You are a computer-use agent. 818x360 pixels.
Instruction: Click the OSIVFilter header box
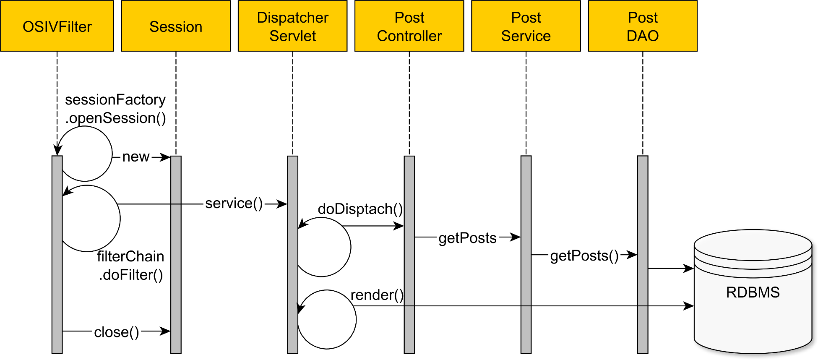(x=57, y=26)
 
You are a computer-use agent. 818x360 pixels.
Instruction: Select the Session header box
(x=176, y=26)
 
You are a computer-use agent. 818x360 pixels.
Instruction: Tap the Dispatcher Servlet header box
(x=292, y=26)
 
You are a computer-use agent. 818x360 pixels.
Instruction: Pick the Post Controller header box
(x=409, y=26)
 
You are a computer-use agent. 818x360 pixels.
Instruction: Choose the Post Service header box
(x=526, y=26)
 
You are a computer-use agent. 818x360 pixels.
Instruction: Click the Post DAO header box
(x=642, y=26)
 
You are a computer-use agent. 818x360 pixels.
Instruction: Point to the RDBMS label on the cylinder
(x=753, y=292)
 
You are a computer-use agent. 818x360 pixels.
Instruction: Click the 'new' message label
(x=135, y=157)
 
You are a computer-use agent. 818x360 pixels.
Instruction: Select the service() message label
(x=234, y=203)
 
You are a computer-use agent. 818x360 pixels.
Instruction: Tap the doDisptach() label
(x=360, y=209)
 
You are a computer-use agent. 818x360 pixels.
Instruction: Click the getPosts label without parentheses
(x=467, y=238)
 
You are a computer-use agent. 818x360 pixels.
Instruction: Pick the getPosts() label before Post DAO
(x=584, y=256)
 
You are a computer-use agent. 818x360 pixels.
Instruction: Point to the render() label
(x=377, y=295)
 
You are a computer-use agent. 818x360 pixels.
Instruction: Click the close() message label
(x=116, y=332)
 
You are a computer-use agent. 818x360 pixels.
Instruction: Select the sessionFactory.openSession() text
(x=115, y=109)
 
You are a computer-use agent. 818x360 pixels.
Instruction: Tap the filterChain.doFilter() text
(x=130, y=266)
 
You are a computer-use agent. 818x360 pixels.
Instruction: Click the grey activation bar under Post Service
(x=526, y=294)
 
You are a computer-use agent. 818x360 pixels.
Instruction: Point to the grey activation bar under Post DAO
(x=642, y=302)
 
